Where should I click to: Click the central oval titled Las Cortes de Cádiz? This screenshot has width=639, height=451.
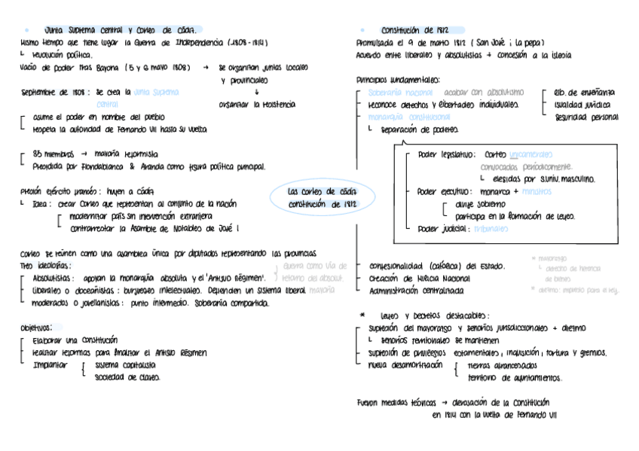pos(322,197)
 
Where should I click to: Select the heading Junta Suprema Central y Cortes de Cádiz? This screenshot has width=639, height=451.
pos(120,30)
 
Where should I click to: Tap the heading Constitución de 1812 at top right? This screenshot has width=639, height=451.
pos(414,30)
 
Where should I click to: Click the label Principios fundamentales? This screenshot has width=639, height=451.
pos(399,80)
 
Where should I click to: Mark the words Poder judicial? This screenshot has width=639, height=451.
pos(442,228)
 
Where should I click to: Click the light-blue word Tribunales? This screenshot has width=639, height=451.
pos(491,228)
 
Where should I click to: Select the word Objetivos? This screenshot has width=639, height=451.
pos(35,328)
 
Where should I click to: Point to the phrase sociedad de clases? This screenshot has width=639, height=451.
pos(127,377)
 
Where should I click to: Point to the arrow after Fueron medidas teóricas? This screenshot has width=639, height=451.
pos(445,403)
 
